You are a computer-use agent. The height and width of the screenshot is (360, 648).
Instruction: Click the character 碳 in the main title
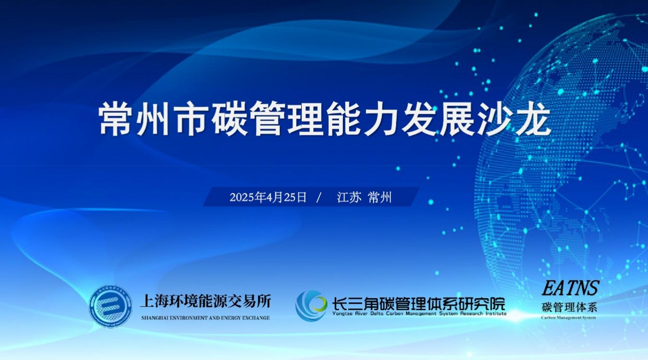click(x=230, y=119)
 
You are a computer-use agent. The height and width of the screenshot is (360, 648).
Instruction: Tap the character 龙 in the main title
click(x=532, y=119)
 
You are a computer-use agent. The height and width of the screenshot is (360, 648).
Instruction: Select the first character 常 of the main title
click(x=116, y=119)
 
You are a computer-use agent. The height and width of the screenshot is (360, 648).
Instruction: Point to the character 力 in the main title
click(x=381, y=119)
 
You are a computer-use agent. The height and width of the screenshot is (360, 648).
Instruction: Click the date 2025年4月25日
click(x=268, y=197)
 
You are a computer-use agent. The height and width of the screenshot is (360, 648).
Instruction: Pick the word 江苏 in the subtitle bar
click(x=349, y=197)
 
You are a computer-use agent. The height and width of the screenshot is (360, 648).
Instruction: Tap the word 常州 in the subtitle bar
click(x=380, y=197)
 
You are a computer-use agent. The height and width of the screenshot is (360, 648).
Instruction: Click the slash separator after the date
click(x=319, y=198)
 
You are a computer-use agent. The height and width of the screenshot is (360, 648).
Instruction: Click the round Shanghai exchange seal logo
click(x=110, y=306)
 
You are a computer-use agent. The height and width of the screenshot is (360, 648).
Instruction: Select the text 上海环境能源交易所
click(x=206, y=301)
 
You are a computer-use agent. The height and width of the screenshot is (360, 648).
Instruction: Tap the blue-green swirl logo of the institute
click(x=311, y=306)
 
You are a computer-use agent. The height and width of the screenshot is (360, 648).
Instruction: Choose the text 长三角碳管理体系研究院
click(x=419, y=304)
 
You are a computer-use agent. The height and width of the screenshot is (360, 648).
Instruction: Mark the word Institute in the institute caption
click(x=496, y=313)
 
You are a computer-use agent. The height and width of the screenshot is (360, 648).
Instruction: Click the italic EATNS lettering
click(x=570, y=288)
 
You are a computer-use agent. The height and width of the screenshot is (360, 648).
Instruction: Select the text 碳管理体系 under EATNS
click(x=569, y=307)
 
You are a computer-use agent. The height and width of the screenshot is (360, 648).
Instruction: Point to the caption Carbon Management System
click(x=568, y=318)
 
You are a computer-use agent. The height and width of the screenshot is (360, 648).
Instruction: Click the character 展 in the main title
click(x=457, y=119)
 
